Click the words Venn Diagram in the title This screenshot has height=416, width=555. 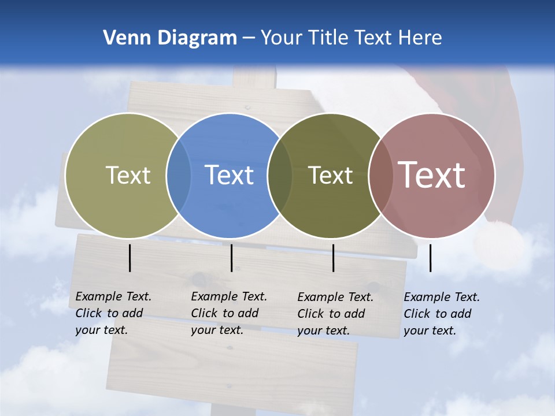point(170,38)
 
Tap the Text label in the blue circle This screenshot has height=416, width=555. point(229,175)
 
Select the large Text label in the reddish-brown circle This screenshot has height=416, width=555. point(432,174)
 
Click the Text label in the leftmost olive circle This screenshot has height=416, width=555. point(128,175)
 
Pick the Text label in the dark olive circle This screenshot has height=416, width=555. point(330,175)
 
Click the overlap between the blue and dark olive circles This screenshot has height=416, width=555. point(280,176)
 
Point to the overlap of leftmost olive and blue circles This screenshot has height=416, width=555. point(179,176)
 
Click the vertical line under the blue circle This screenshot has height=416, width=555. point(231,258)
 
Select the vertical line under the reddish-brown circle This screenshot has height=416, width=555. point(431,258)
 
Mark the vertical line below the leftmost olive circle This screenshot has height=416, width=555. point(129,258)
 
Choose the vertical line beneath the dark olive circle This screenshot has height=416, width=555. point(333,258)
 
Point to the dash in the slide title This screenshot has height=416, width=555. point(248,38)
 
